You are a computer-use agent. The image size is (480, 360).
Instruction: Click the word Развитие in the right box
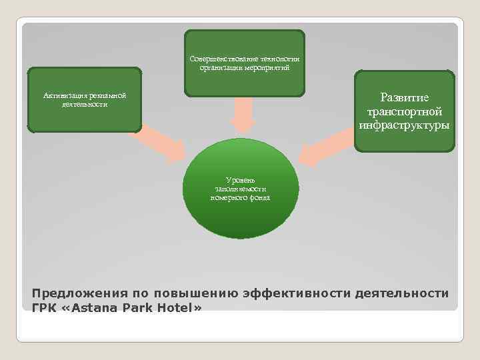point(405,98)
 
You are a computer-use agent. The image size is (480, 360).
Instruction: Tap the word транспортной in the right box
point(405,111)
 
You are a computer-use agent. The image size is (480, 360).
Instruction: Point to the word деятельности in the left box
point(85,105)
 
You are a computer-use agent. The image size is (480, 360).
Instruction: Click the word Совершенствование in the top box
point(218,59)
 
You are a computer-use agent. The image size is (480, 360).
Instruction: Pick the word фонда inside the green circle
point(257,197)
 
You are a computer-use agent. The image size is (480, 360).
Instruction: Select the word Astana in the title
point(91,307)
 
